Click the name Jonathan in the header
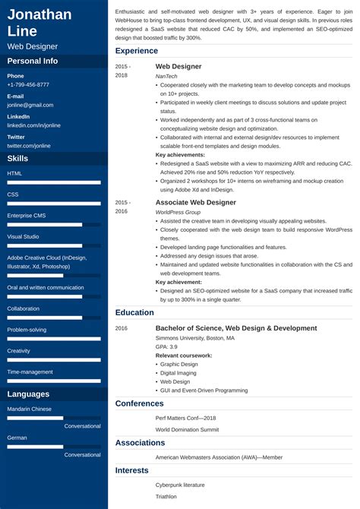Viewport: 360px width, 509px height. pyautogui.click(x=39, y=14)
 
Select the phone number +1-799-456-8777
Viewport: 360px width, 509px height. pyautogui.click(x=28, y=85)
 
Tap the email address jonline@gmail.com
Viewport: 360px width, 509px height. pyautogui.click(x=30, y=105)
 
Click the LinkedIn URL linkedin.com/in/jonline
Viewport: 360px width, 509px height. pyautogui.click(x=33, y=125)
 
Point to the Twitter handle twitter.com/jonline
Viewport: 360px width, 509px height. pyautogui.click(x=30, y=145)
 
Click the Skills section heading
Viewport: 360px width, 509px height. pyautogui.click(x=18, y=158)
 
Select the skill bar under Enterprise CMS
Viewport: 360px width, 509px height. pyautogui.click(x=54, y=225)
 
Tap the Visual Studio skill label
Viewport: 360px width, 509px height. pyautogui.click(x=24, y=236)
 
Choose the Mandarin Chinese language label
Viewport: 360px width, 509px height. pyautogui.click(x=30, y=409)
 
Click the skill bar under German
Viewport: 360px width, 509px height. pyautogui.click(x=54, y=446)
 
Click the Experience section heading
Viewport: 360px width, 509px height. pyautogui.click(x=137, y=51)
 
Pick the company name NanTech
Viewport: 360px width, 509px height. pyautogui.click(x=168, y=76)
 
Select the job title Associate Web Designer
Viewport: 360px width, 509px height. pyautogui.click(x=195, y=203)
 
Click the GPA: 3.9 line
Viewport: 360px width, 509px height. pyautogui.click(x=166, y=346)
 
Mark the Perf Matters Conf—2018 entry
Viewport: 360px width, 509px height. pyautogui.click(x=185, y=418)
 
